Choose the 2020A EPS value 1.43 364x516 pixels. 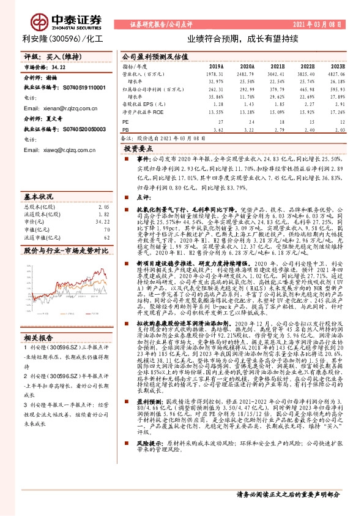pos(247,105)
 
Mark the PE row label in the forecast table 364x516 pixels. pos(126,122)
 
